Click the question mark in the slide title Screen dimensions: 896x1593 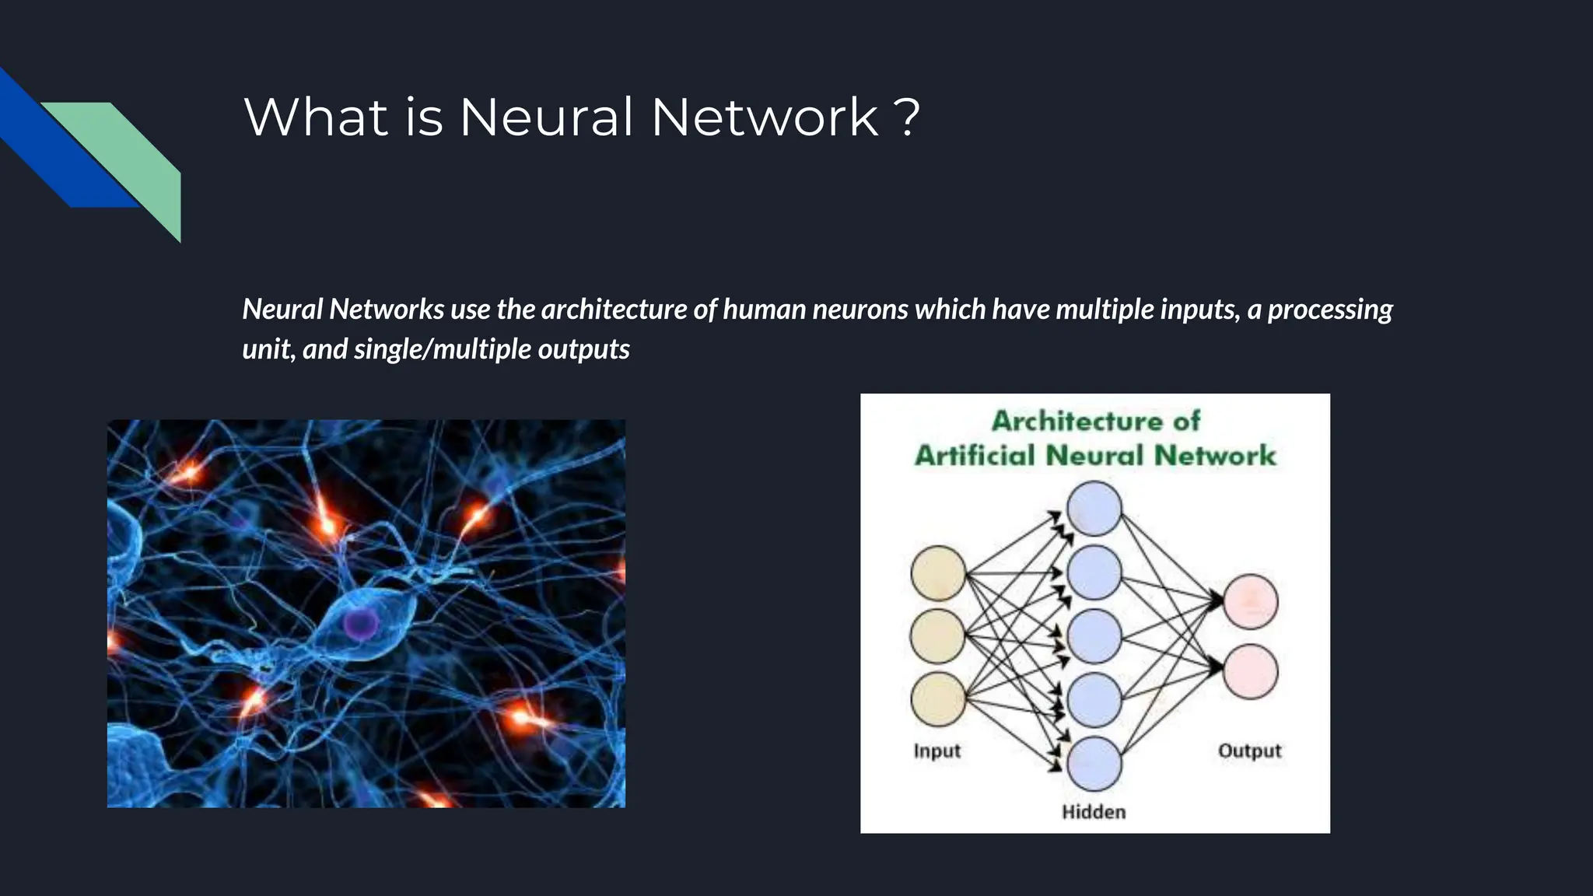point(907,117)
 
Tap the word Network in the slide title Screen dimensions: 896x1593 point(765,117)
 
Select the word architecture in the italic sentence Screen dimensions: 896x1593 point(614,310)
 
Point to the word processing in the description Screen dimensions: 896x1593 point(1330,310)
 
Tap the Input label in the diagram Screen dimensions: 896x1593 point(937,751)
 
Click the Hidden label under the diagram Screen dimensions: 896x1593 point(1094,812)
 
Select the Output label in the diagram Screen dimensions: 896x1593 point(1249,751)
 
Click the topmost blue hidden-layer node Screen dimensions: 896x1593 point(1094,509)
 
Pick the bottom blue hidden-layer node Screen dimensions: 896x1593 point(1094,764)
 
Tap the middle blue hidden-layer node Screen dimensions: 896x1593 point(1094,636)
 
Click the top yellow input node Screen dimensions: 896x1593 point(938,573)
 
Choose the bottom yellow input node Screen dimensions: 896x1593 point(938,699)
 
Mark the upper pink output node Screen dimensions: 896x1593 point(1250,601)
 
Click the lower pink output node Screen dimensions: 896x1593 point(1250,671)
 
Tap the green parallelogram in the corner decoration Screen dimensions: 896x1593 point(132,156)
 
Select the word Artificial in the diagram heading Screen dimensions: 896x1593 point(977,455)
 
